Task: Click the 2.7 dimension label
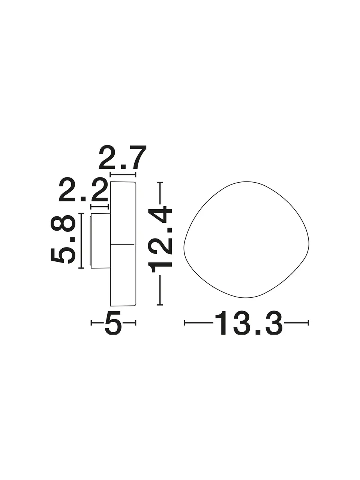pos(122,157)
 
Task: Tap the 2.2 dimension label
pos(84,189)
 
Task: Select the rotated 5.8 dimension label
pos(63,239)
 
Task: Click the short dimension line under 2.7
pos(123,174)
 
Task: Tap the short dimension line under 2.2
pos(99,206)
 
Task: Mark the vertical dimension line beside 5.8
pos(81,240)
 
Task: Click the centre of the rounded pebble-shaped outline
pos(246,240)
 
